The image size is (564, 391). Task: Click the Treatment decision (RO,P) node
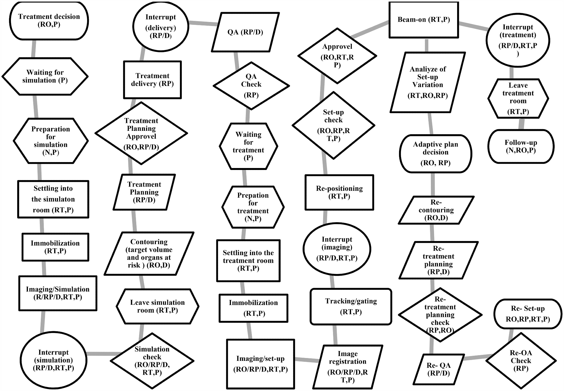[49, 21]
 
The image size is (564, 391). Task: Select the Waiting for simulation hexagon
[45, 76]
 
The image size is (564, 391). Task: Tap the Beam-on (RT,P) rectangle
[424, 20]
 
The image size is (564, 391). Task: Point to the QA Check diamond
[251, 86]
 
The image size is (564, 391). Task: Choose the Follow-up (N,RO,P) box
[521, 146]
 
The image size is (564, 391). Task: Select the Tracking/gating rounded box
[351, 306]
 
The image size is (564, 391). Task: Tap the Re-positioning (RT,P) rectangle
[339, 193]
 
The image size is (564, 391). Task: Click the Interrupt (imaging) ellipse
[337, 249]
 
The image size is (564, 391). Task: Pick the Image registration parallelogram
[347, 367]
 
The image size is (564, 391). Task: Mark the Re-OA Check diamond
[521, 361]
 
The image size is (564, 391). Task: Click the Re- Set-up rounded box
[528, 314]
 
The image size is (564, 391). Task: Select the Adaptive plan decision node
[435, 154]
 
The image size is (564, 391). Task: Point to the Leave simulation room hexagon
[157, 306]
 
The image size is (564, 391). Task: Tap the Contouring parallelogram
[149, 253]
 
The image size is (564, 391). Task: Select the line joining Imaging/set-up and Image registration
[307, 360]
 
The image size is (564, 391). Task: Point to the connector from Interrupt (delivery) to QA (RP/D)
[203, 23]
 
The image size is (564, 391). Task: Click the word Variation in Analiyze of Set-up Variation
[428, 85]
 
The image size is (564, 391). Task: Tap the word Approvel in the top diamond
[337, 47]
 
